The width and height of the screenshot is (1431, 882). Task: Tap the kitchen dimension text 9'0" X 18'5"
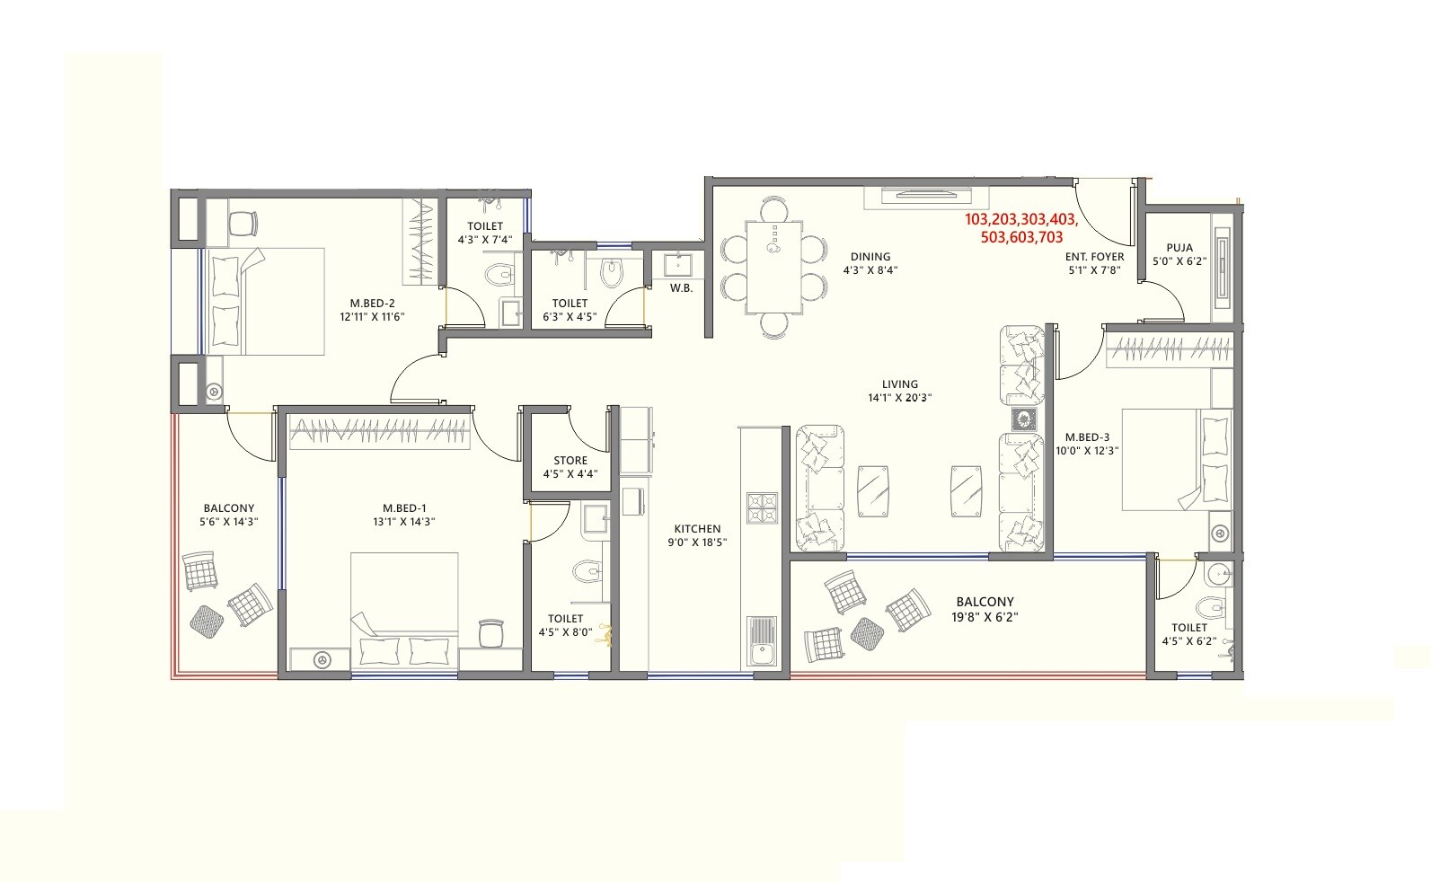point(696,542)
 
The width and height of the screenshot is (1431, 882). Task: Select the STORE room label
point(570,460)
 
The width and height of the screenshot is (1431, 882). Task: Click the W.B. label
point(680,288)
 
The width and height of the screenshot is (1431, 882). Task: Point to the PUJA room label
point(1179,248)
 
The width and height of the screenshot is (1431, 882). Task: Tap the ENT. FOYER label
point(1094,257)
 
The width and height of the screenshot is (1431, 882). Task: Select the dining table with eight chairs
point(773,267)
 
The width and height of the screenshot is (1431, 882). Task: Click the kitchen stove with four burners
point(761,508)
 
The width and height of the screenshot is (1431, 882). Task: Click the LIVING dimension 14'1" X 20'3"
point(899,398)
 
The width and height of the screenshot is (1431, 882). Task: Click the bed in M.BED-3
point(1177,460)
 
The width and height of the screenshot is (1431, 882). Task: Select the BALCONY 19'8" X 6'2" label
point(985,609)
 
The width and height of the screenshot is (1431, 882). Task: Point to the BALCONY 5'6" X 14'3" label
point(228,515)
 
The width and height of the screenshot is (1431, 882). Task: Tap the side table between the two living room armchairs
point(1022,419)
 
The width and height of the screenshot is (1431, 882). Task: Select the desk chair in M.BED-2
point(243,223)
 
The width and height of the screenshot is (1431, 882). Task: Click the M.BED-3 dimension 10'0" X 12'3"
point(1087,451)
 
